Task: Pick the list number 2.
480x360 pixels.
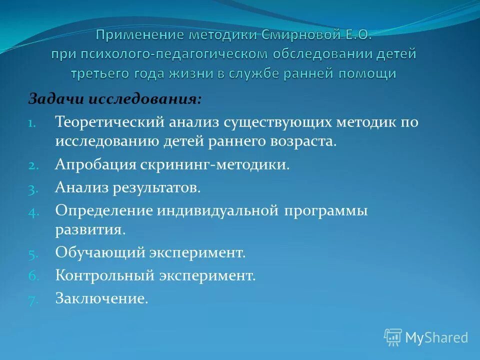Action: pos(31,165)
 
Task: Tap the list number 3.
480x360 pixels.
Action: pos(31,188)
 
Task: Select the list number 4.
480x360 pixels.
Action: pos(31,211)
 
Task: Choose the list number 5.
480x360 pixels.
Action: pos(31,253)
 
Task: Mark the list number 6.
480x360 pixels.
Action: pos(31,276)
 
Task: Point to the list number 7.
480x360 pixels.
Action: pos(31,299)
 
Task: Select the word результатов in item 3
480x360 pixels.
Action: pos(158,188)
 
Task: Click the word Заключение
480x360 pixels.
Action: pos(101,298)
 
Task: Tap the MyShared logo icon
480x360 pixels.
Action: pos(392,337)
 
